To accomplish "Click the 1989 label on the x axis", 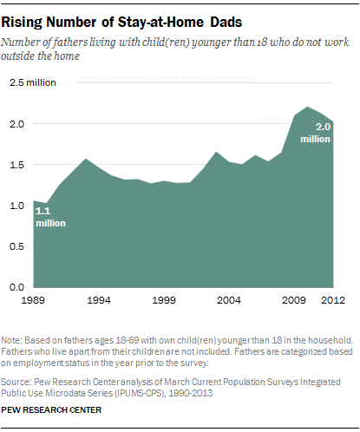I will click(x=34, y=300).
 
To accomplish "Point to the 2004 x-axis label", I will click(x=228, y=300).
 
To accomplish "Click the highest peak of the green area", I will click(x=309, y=108).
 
